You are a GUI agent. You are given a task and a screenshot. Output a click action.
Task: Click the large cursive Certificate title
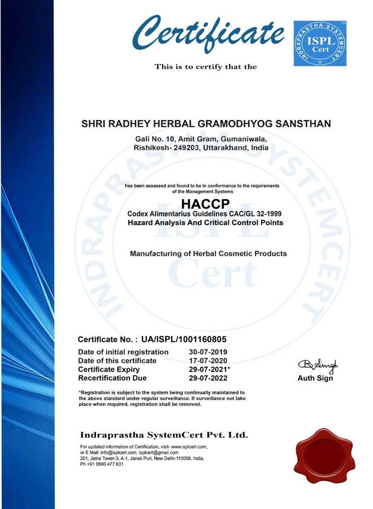tap(208, 34)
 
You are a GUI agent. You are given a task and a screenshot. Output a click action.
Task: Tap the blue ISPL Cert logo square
tap(320, 44)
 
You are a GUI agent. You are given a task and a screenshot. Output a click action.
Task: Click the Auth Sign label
tap(315, 378)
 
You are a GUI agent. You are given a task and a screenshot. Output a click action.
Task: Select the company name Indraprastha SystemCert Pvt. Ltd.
tap(164, 435)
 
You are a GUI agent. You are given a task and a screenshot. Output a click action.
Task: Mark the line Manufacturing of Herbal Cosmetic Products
tap(208, 253)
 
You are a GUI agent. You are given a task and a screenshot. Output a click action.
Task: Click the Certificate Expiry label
tap(109, 369)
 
